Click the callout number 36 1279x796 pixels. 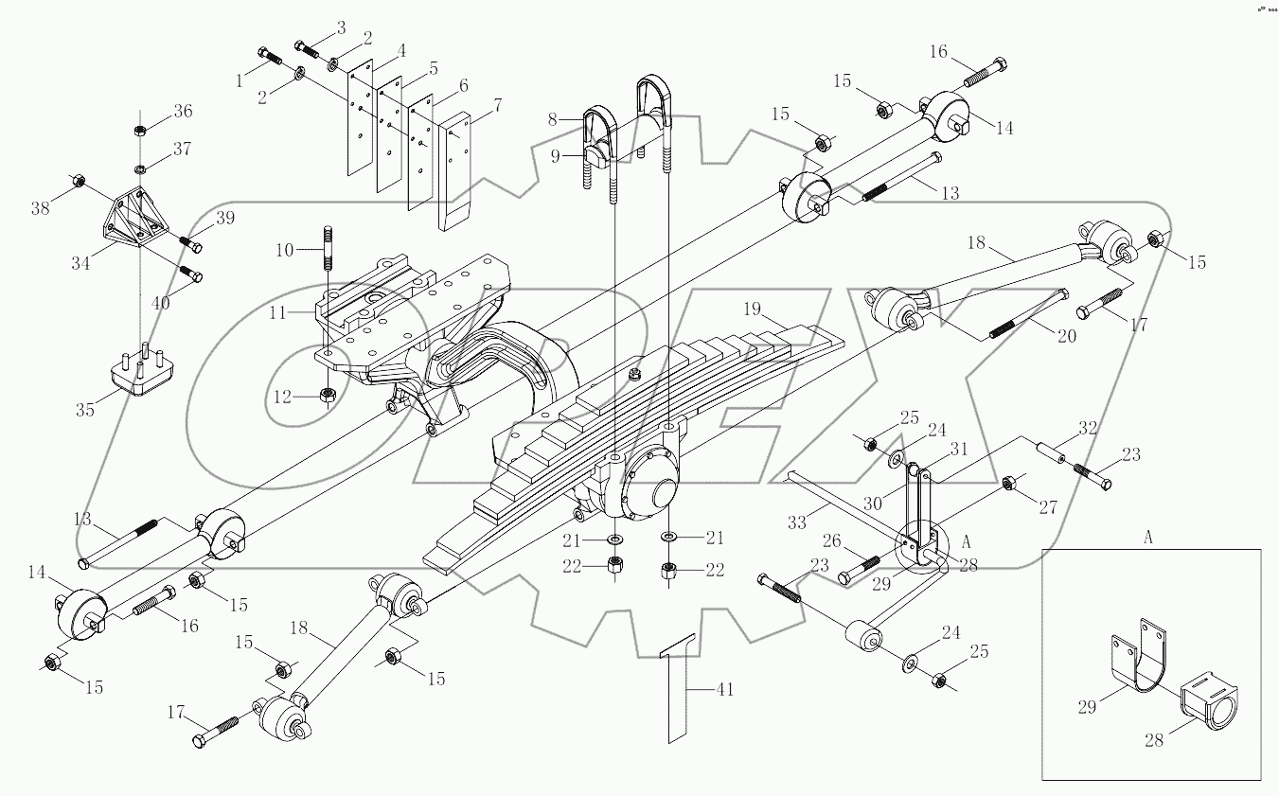tap(182, 112)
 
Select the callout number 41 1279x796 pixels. tap(724, 691)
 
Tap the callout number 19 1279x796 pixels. tap(752, 309)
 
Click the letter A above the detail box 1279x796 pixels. tap(1148, 537)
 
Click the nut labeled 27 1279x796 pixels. tap(1008, 484)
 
